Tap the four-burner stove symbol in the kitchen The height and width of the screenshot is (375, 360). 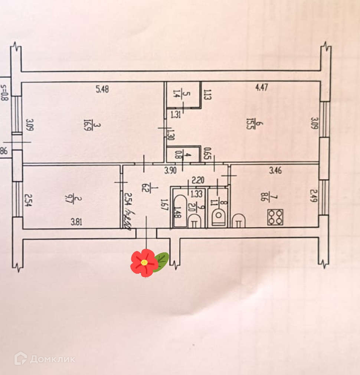275,217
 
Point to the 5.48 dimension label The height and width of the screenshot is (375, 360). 102,89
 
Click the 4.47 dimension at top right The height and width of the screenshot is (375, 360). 262,88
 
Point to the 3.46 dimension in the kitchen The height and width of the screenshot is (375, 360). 275,171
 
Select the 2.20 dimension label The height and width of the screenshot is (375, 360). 198,181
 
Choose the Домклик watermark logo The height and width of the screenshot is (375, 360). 45,359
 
